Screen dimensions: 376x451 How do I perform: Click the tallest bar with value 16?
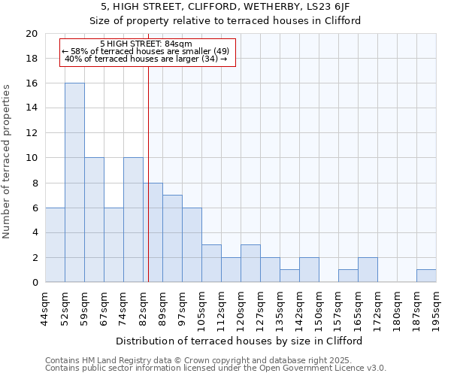tap(74, 183)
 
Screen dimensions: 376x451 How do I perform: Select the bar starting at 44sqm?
tap(55, 245)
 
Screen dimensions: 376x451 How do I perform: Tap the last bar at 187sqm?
tap(426, 276)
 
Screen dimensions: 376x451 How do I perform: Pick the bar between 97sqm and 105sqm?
tap(192, 245)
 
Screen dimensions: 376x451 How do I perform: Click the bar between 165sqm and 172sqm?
tap(368, 270)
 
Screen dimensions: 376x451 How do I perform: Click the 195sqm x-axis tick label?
tap(437, 308)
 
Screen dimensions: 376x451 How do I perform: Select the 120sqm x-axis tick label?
tap(241, 308)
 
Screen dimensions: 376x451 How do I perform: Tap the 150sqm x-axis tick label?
tap(319, 308)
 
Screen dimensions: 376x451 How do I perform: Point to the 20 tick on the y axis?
tap(31, 34)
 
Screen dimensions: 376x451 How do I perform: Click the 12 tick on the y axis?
tap(31, 133)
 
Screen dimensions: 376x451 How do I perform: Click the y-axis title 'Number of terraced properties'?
tap(8, 161)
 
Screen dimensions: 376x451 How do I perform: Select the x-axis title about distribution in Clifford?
tap(241, 341)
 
